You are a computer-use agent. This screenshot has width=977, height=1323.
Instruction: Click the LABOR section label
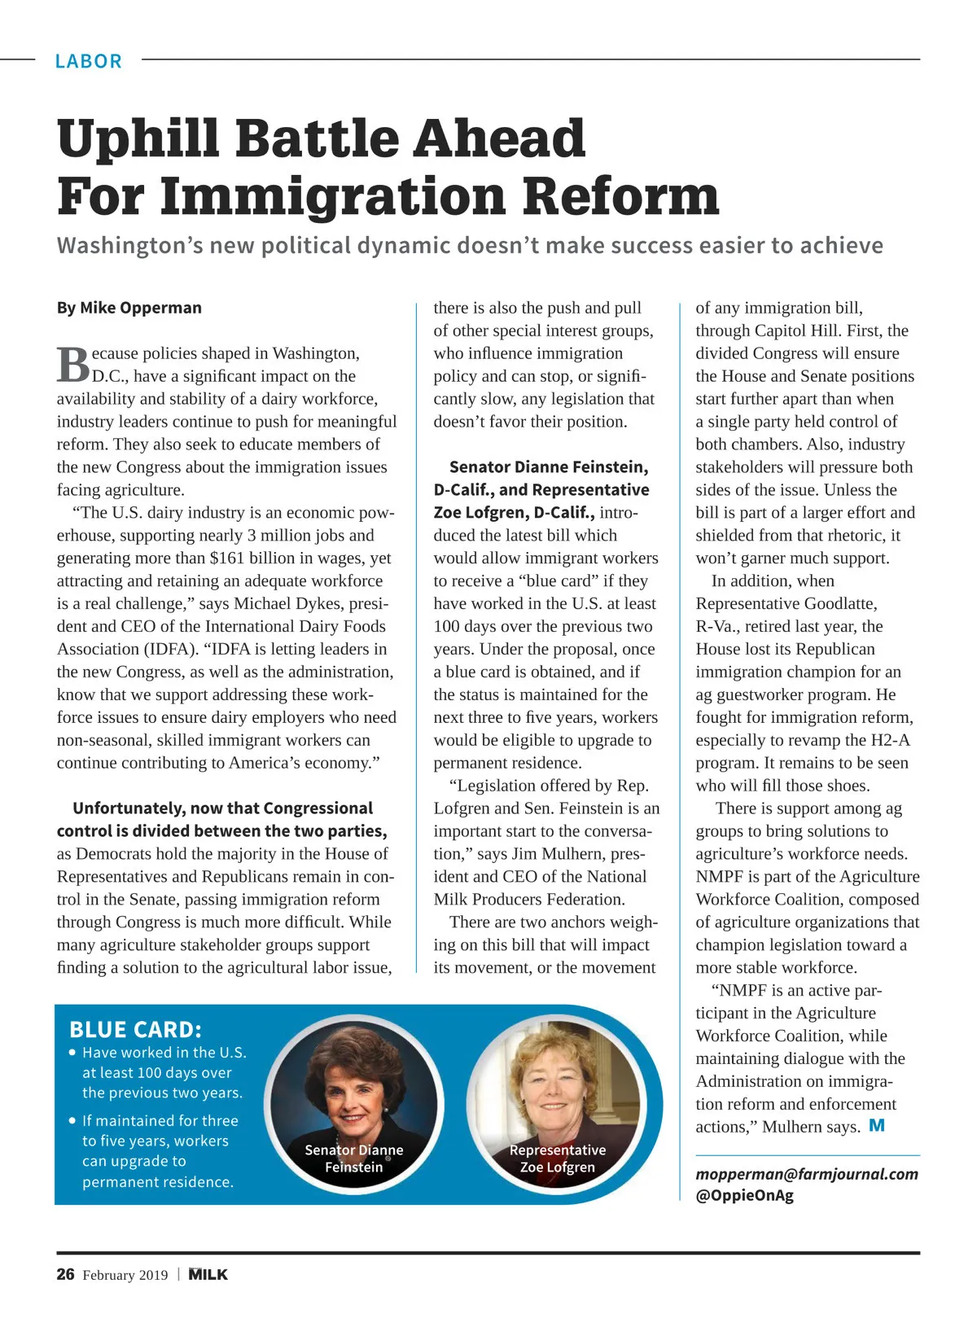(x=88, y=61)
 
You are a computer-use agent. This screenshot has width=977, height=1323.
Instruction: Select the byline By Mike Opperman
(x=129, y=308)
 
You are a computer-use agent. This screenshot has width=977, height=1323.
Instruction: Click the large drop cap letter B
(x=72, y=365)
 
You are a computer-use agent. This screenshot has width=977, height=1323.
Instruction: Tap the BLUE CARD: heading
(x=135, y=1030)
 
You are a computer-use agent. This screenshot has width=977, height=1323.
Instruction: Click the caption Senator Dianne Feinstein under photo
(x=353, y=1159)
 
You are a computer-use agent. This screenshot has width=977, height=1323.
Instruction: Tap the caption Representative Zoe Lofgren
(x=557, y=1159)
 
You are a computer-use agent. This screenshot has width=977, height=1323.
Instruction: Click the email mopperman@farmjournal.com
(x=806, y=1174)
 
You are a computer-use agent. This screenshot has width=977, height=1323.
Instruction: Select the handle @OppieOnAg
(x=744, y=1195)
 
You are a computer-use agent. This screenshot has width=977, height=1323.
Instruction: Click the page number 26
(x=65, y=1274)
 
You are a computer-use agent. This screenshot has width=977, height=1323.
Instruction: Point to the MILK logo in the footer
(x=208, y=1274)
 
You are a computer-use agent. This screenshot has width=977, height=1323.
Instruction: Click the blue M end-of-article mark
(x=877, y=1126)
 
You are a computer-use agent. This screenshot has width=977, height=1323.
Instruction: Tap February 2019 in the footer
(x=125, y=1275)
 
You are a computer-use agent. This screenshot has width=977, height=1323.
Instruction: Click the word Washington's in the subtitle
(x=129, y=246)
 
